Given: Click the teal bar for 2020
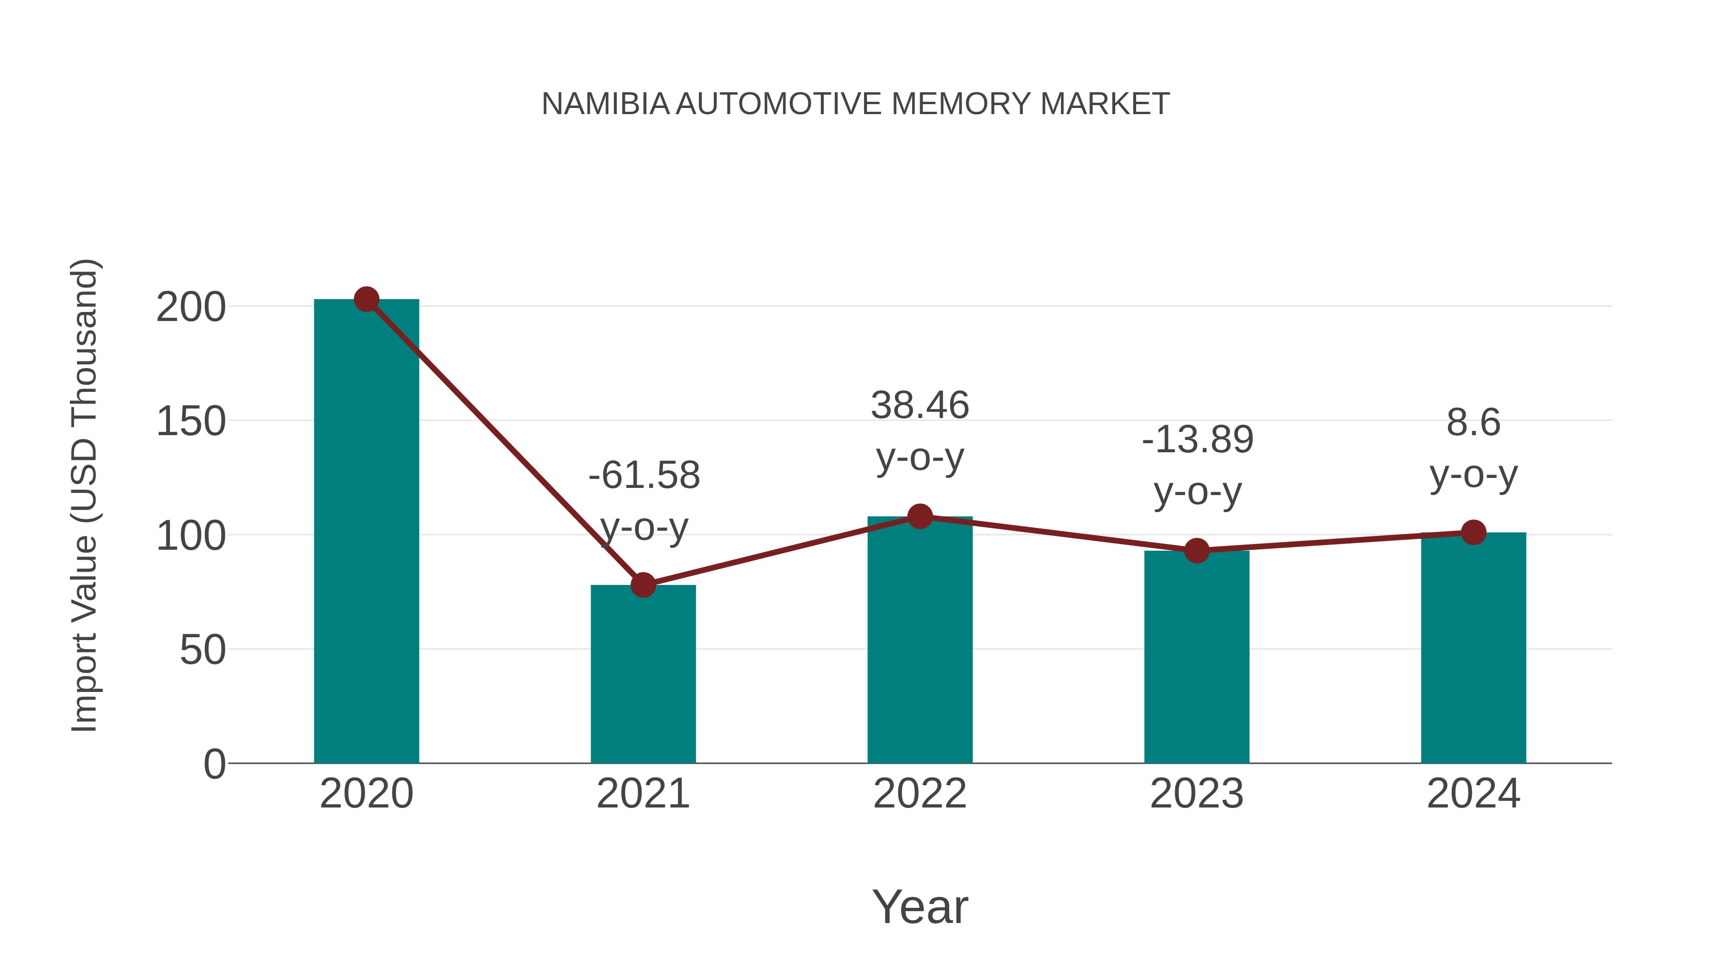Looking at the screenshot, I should click(366, 532).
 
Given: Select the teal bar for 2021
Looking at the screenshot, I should click(642, 674).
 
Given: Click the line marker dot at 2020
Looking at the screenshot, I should click(366, 300).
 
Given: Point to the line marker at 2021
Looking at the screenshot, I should click(642, 585).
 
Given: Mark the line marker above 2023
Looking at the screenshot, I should click(1196, 550).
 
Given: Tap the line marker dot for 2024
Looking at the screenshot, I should click(1473, 532).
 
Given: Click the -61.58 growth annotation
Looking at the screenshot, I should click(644, 476).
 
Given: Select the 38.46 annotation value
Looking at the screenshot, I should click(920, 405).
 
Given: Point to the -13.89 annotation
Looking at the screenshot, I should click(1197, 440).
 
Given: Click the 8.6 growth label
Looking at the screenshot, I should click(1473, 423).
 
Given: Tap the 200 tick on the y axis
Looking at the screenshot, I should click(191, 308).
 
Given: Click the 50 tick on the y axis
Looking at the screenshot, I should click(202, 650).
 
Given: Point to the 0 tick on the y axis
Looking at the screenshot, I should click(214, 764).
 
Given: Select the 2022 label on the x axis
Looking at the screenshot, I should click(920, 794).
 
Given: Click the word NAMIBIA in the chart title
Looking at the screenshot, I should click(605, 104).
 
